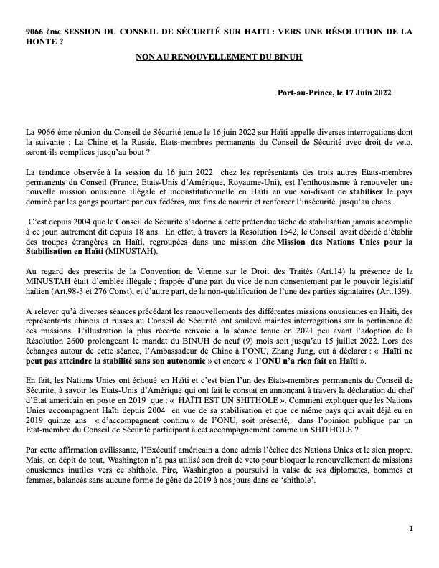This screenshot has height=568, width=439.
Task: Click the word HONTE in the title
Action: point(42,42)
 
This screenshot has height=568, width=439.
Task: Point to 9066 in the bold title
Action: point(35,32)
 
